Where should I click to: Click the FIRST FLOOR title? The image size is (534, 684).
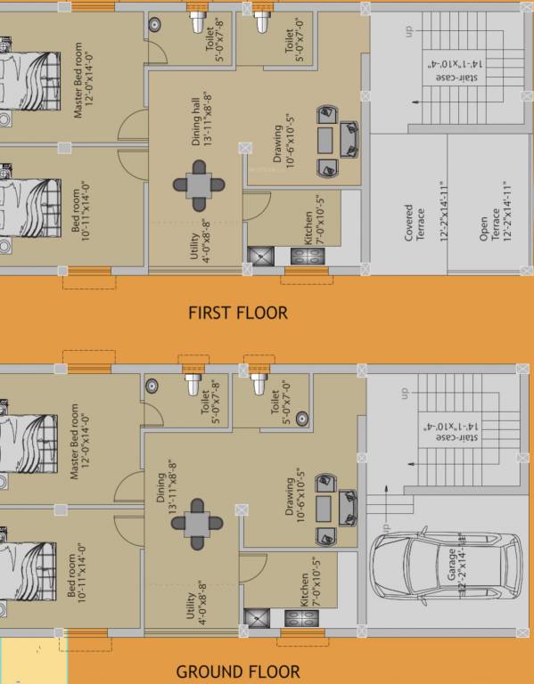(x=238, y=313)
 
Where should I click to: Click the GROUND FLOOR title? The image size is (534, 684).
(x=238, y=672)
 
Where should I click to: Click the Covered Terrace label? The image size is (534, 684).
(x=415, y=223)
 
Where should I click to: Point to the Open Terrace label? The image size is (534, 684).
(x=489, y=223)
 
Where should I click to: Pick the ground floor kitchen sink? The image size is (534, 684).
(x=257, y=617)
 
